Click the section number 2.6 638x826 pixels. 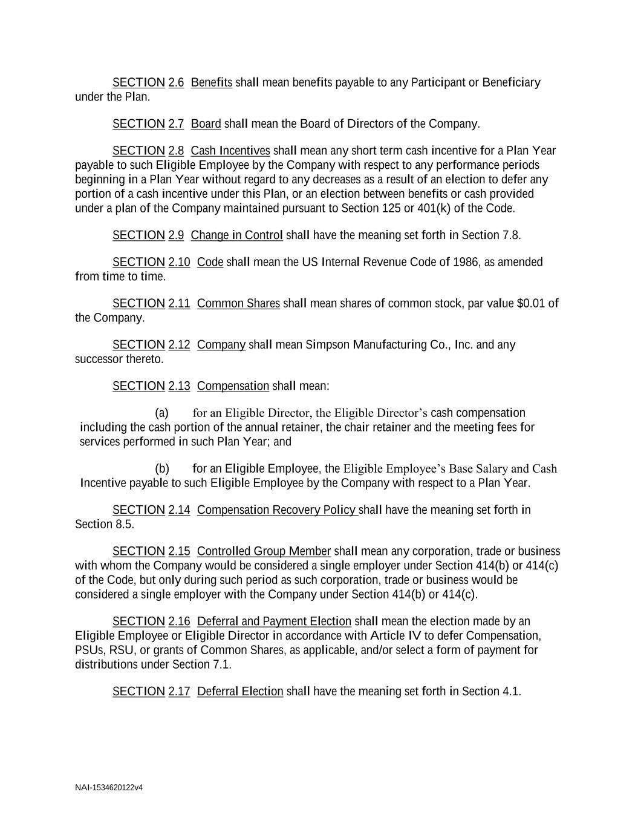[176, 82]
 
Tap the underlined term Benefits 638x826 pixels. [211, 82]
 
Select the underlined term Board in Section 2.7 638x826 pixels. [206, 124]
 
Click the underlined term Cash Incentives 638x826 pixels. [230, 151]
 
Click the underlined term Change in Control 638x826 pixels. [236, 235]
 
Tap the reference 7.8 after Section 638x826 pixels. [511, 235]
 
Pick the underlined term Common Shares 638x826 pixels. [238, 303]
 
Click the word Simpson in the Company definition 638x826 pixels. [327, 345]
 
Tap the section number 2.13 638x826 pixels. [179, 386]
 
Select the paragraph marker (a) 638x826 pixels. [161, 413]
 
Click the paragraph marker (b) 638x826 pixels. [162, 469]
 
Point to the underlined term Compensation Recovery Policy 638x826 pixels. [276, 510]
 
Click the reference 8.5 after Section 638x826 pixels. [123, 525]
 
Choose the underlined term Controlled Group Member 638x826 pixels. [264, 551]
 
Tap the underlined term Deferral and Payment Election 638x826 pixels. [274, 621]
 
